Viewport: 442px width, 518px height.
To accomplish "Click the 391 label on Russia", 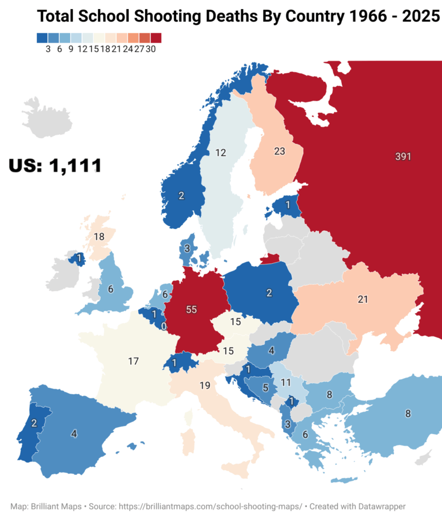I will point(403,157).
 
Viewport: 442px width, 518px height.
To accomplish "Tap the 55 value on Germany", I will point(192,310).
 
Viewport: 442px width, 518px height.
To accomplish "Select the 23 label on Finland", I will point(279,152).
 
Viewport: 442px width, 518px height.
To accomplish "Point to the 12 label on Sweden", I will point(220,153).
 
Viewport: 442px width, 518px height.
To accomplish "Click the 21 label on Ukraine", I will point(363,299).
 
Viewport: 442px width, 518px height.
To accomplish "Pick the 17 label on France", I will point(134,361).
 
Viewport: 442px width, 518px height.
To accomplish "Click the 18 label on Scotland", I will point(99,237).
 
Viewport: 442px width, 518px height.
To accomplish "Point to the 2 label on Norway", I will point(181,196).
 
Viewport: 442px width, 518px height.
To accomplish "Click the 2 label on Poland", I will point(269,293).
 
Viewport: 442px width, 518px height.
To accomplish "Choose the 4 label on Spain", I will point(74,434).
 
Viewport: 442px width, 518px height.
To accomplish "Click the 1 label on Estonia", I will point(288,204).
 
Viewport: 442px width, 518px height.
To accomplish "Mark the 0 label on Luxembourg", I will point(164,326).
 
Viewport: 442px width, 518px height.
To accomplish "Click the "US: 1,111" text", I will point(55,166).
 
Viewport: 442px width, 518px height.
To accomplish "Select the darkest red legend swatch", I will point(156,38).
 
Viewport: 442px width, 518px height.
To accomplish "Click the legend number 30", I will point(151,49).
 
